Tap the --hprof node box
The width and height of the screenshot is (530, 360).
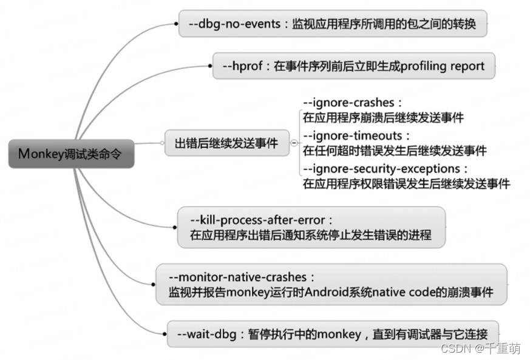pos(353,66)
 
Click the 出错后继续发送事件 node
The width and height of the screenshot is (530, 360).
pos(226,143)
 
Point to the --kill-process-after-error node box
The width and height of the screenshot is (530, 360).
pos(311,227)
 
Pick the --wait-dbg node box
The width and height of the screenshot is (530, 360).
pos(333,333)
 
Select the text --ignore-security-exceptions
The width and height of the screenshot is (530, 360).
pos(386,168)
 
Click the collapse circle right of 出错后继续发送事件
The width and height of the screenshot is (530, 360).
pos(294,143)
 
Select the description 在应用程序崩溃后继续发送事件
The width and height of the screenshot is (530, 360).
pos(383,118)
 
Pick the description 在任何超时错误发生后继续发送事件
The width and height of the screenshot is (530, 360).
pos(394,150)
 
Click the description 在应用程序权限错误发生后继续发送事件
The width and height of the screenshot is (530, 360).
pos(406,183)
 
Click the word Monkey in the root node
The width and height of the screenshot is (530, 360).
pos(38,154)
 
